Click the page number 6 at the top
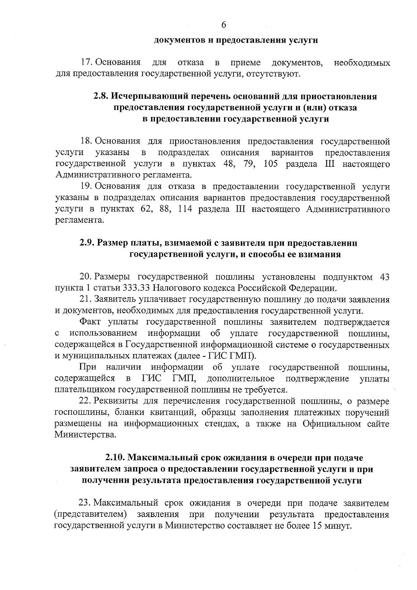coord(223,25)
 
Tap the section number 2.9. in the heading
coord(87,243)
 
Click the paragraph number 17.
coord(86,63)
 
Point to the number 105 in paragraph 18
coord(271,164)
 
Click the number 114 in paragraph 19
coord(185,209)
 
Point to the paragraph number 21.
coord(85,300)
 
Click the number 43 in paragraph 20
coord(385,277)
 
